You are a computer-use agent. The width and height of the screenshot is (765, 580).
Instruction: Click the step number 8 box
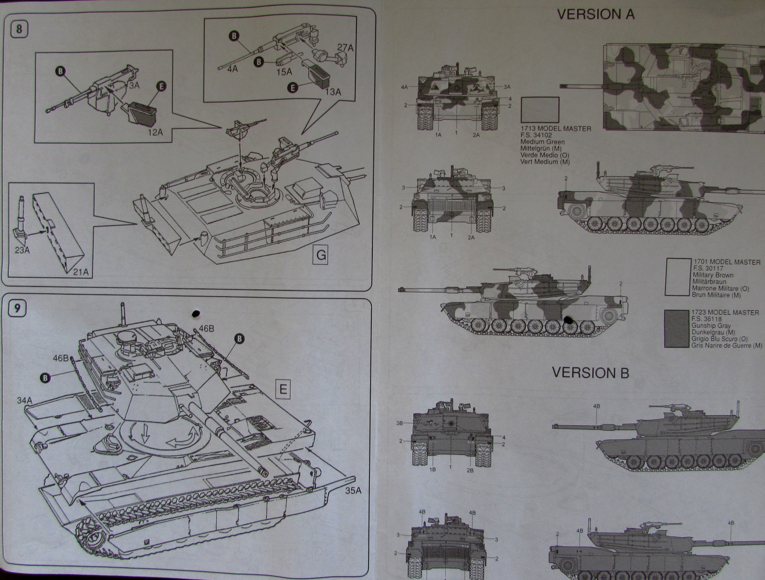(19, 29)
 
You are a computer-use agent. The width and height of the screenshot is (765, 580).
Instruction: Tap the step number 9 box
(17, 308)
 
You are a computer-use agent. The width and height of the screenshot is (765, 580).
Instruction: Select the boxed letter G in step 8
(320, 255)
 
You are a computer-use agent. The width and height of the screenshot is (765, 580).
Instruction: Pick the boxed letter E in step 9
(283, 389)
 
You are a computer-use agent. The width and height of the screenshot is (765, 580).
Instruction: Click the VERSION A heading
(596, 15)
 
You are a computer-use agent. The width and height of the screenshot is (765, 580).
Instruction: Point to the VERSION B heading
(590, 373)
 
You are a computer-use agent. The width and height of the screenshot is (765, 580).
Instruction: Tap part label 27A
(345, 47)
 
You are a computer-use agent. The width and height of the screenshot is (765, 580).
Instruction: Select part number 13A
(332, 92)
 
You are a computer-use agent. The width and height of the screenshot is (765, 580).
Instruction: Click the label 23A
(22, 250)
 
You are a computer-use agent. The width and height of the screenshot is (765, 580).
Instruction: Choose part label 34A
(25, 401)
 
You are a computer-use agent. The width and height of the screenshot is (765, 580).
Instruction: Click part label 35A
(353, 491)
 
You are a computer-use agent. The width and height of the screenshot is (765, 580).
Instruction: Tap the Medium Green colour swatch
(540, 110)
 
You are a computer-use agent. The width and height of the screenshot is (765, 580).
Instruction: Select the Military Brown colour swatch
(678, 276)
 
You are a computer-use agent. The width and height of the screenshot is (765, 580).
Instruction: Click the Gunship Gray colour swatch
(677, 329)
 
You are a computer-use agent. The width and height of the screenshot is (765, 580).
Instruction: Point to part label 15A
(284, 72)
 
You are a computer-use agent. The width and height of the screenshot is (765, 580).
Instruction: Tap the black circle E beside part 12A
(162, 86)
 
